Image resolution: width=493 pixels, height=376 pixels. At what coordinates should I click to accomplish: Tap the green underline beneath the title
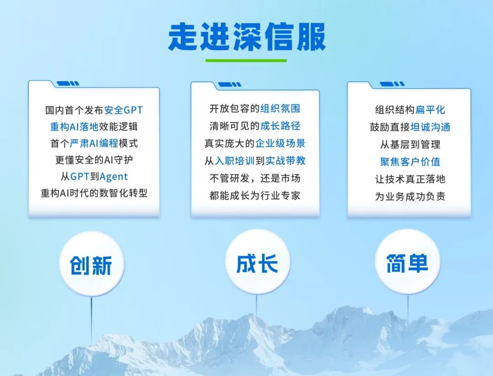coord(246,61)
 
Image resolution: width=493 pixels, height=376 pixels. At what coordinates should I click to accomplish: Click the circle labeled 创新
coord(91,264)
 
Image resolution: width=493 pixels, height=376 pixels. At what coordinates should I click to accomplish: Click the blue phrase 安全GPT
coord(123,110)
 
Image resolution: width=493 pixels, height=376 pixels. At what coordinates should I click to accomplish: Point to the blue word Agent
coord(114,176)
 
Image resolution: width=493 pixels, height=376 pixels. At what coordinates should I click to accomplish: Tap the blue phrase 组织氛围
coord(280,109)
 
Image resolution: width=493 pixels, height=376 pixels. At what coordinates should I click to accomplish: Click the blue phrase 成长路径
coord(280,126)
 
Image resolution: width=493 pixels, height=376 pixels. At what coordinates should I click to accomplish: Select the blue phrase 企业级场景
coord(280,144)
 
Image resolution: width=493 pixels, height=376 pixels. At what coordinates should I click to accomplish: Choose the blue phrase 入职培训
coord(235,161)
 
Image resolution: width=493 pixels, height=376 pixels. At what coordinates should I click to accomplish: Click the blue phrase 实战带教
coord(285,161)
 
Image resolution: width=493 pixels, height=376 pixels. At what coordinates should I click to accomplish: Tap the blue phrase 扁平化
coord(430,110)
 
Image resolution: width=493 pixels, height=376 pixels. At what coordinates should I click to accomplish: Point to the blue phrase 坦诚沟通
coord(430,127)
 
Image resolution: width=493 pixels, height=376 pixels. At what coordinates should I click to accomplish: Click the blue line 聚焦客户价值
coord(410,162)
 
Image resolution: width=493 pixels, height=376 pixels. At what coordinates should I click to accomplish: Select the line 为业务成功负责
coord(410,196)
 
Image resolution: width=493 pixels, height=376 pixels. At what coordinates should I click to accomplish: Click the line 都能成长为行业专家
coord(255,196)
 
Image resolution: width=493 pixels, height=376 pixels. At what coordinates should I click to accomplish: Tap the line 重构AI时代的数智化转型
coord(94,193)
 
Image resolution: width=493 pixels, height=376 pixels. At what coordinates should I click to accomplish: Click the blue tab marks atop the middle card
coord(230,85)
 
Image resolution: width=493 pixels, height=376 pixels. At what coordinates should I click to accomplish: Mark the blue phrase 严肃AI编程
coord(94,144)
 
